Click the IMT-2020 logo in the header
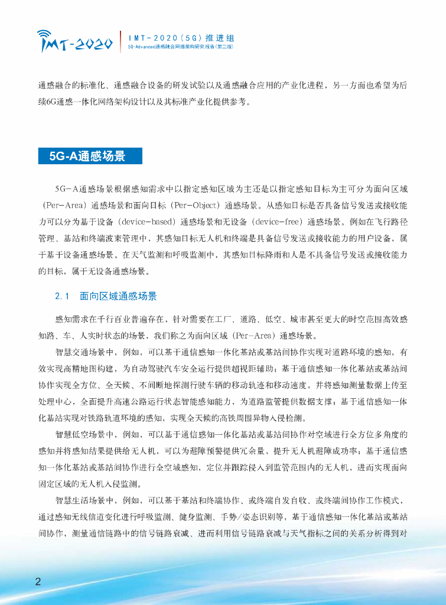[74, 41]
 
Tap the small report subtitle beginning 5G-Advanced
[180, 46]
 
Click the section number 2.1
[62, 296]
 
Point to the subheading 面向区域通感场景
[118, 296]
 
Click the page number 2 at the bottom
[38, 581]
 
